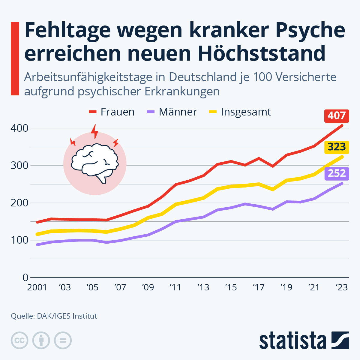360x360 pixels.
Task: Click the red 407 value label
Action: tap(337, 116)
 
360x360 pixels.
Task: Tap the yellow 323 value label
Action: tap(337, 147)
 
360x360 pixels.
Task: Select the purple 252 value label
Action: tap(337, 173)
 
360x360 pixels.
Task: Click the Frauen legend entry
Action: tap(112, 112)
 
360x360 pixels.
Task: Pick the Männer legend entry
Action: tap(172, 112)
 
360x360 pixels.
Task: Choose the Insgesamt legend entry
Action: tap(240, 112)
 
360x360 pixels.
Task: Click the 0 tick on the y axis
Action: tap(25, 277)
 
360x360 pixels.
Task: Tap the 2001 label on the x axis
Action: tap(37, 287)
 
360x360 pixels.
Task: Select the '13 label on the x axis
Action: tap(203, 287)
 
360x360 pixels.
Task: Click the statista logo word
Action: tap(292, 341)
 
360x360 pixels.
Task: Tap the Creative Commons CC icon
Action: tap(19, 340)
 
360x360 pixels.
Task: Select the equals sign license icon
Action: tap(63, 340)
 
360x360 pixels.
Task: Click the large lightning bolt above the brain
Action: tap(95, 131)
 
